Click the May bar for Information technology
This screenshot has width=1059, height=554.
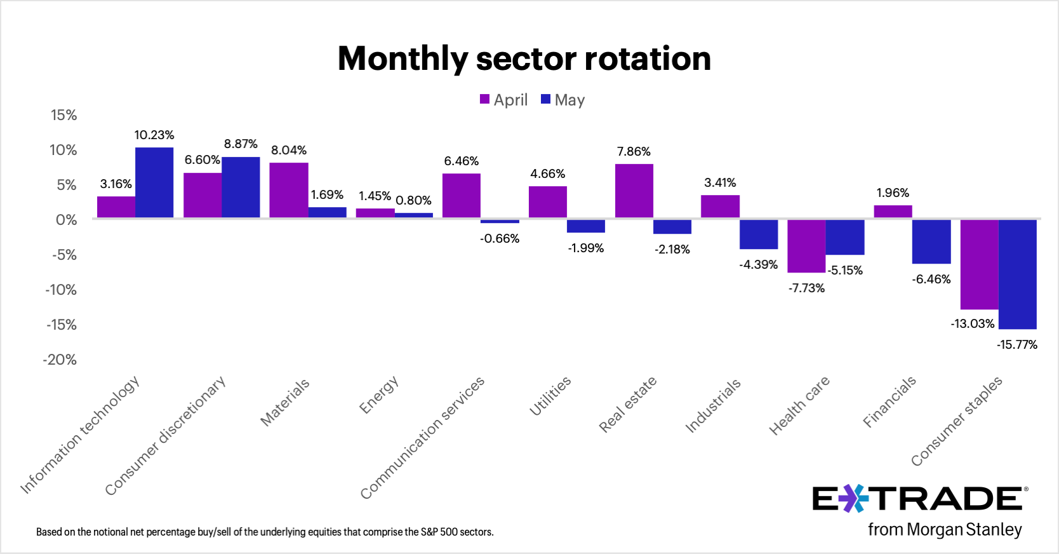tap(154, 183)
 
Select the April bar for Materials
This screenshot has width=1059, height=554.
tap(289, 191)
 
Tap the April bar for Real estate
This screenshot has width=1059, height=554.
tap(634, 191)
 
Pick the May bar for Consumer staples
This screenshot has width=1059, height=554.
tap(1017, 274)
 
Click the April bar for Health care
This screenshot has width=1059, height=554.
tap(806, 246)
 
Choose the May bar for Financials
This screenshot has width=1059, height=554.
tap(931, 241)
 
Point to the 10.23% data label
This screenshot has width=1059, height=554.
tap(154, 135)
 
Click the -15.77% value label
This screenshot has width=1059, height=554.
tap(1017, 345)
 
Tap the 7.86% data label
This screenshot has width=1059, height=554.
tap(634, 152)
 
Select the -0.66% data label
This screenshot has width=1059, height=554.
tap(500, 239)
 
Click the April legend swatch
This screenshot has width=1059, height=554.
tap(484, 100)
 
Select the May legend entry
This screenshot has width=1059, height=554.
tap(563, 100)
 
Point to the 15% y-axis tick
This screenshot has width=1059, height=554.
tap(63, 115)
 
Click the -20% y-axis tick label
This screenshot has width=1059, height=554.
tap(60, 360)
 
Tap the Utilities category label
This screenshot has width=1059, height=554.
tap(550, 396)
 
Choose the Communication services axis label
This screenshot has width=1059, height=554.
tap(423, 437)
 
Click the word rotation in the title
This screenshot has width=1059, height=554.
tap(648, 58)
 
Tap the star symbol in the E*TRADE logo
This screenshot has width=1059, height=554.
tap(854, 499)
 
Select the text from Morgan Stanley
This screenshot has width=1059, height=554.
tap(945, 530)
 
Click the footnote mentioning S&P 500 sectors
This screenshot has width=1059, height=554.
tap(265, 532)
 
